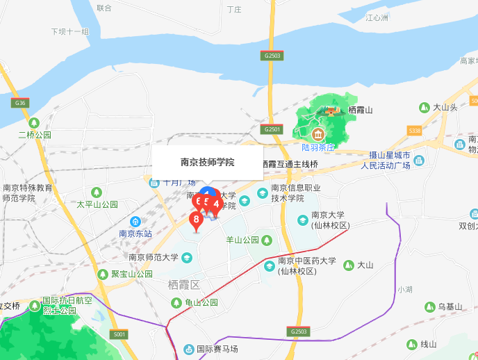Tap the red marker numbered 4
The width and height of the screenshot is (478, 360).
(x=216, y=204)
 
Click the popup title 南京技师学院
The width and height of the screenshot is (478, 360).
(x=207, y=162)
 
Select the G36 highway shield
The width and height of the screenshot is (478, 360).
(x=19, y=103)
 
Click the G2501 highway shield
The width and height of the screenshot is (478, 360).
(x=272, y=129)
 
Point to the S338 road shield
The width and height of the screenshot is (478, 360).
(x=415, y=130)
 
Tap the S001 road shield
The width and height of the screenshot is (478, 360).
(x=120, y=335)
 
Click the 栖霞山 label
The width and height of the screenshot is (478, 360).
(x=361, y=110)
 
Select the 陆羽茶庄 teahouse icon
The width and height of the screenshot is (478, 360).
(x=318, y=133)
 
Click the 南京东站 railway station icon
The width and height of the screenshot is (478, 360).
(x=135, y=221)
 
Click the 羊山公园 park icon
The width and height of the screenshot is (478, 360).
(x=267, y=240)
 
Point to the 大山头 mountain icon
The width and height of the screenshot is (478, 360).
(x=424, y=107)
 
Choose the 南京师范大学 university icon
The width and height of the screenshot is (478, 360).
(x=186, y=258)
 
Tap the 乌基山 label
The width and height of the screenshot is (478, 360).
(x=450, y=306)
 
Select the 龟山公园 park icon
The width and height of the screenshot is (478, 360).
(x=177, y=302)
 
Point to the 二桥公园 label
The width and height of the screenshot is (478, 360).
(x=35, y=135)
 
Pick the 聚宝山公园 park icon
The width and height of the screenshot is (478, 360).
(x=103, y=274)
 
